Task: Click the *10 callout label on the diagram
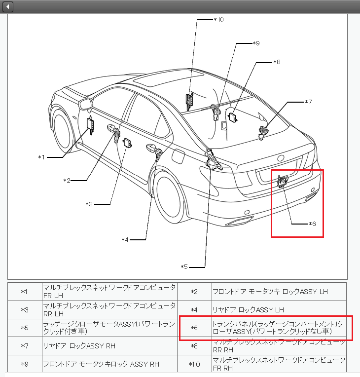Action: [x=218, y=20]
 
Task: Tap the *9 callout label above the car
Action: [x=255, y=43]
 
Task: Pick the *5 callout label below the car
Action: [x=184, y=267]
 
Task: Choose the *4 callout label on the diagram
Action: [x=125, y=240]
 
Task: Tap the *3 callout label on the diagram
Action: [x=89, y=204]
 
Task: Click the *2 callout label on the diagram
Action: [x=67, y=181]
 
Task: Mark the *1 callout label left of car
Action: [x=42, y=157]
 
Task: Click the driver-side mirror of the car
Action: [x=86, y=104]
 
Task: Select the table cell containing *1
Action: [x=25, y=292]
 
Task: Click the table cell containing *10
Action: [x=194, y=364]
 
